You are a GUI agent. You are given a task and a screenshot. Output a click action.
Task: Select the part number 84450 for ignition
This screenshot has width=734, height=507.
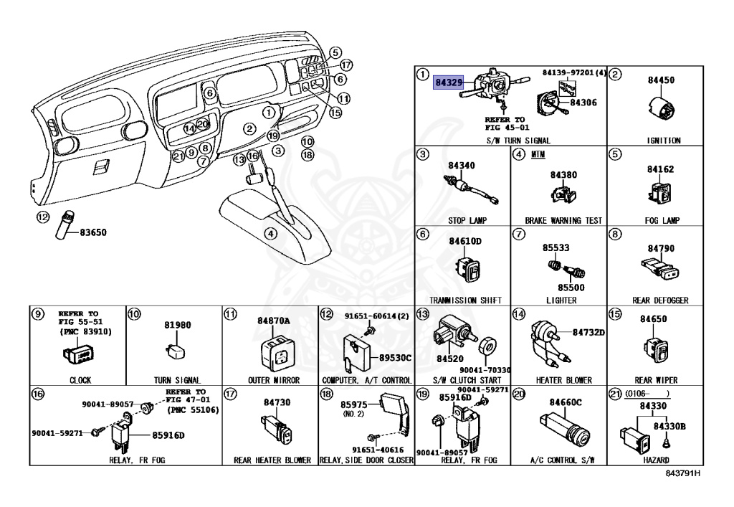point(661,80)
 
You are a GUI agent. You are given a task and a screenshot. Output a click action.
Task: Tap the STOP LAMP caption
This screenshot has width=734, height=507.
point(462,221)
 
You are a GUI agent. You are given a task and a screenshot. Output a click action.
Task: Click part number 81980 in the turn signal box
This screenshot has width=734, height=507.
point(177,325)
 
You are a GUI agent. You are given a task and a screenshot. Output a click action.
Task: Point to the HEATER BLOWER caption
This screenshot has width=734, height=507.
point(563,380)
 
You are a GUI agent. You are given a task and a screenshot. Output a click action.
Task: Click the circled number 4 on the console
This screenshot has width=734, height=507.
point(270,233)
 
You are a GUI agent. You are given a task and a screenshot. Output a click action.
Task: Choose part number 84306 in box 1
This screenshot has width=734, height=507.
point(583,103)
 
